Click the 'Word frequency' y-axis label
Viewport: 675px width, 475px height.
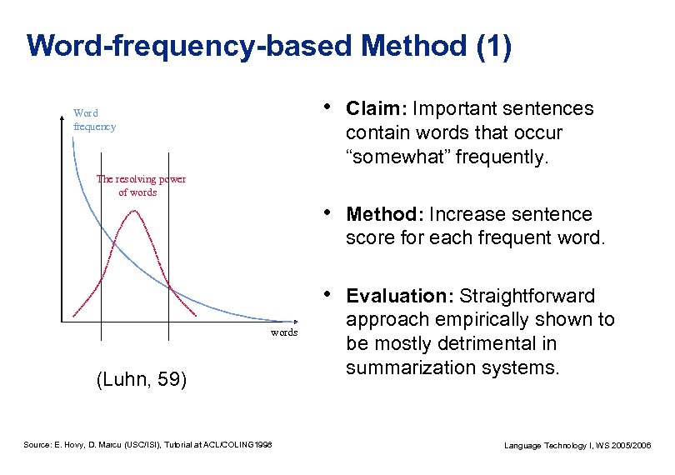(93, 120)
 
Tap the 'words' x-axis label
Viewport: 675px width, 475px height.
(284, 332)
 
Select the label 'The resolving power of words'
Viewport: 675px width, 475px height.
(141, 185)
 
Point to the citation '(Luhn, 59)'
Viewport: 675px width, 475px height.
(142, 381)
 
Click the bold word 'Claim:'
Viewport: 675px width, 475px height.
(376, 109)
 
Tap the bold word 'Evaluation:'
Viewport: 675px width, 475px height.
(399, 297)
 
